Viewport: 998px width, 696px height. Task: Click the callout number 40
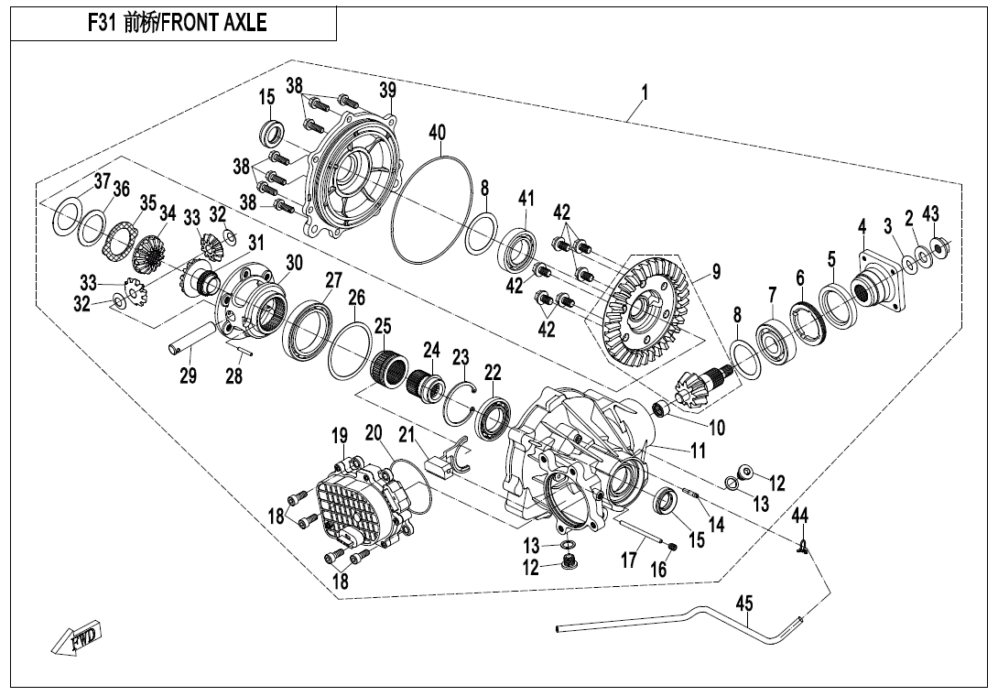pos(438,134)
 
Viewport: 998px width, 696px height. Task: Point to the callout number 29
pos(188,375)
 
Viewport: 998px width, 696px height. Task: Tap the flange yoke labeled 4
pos(874,285)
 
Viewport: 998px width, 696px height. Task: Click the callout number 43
pos(930,215)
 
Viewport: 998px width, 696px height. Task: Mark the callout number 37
pos(102,180)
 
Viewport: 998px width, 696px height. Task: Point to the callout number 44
pos(800,516)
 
